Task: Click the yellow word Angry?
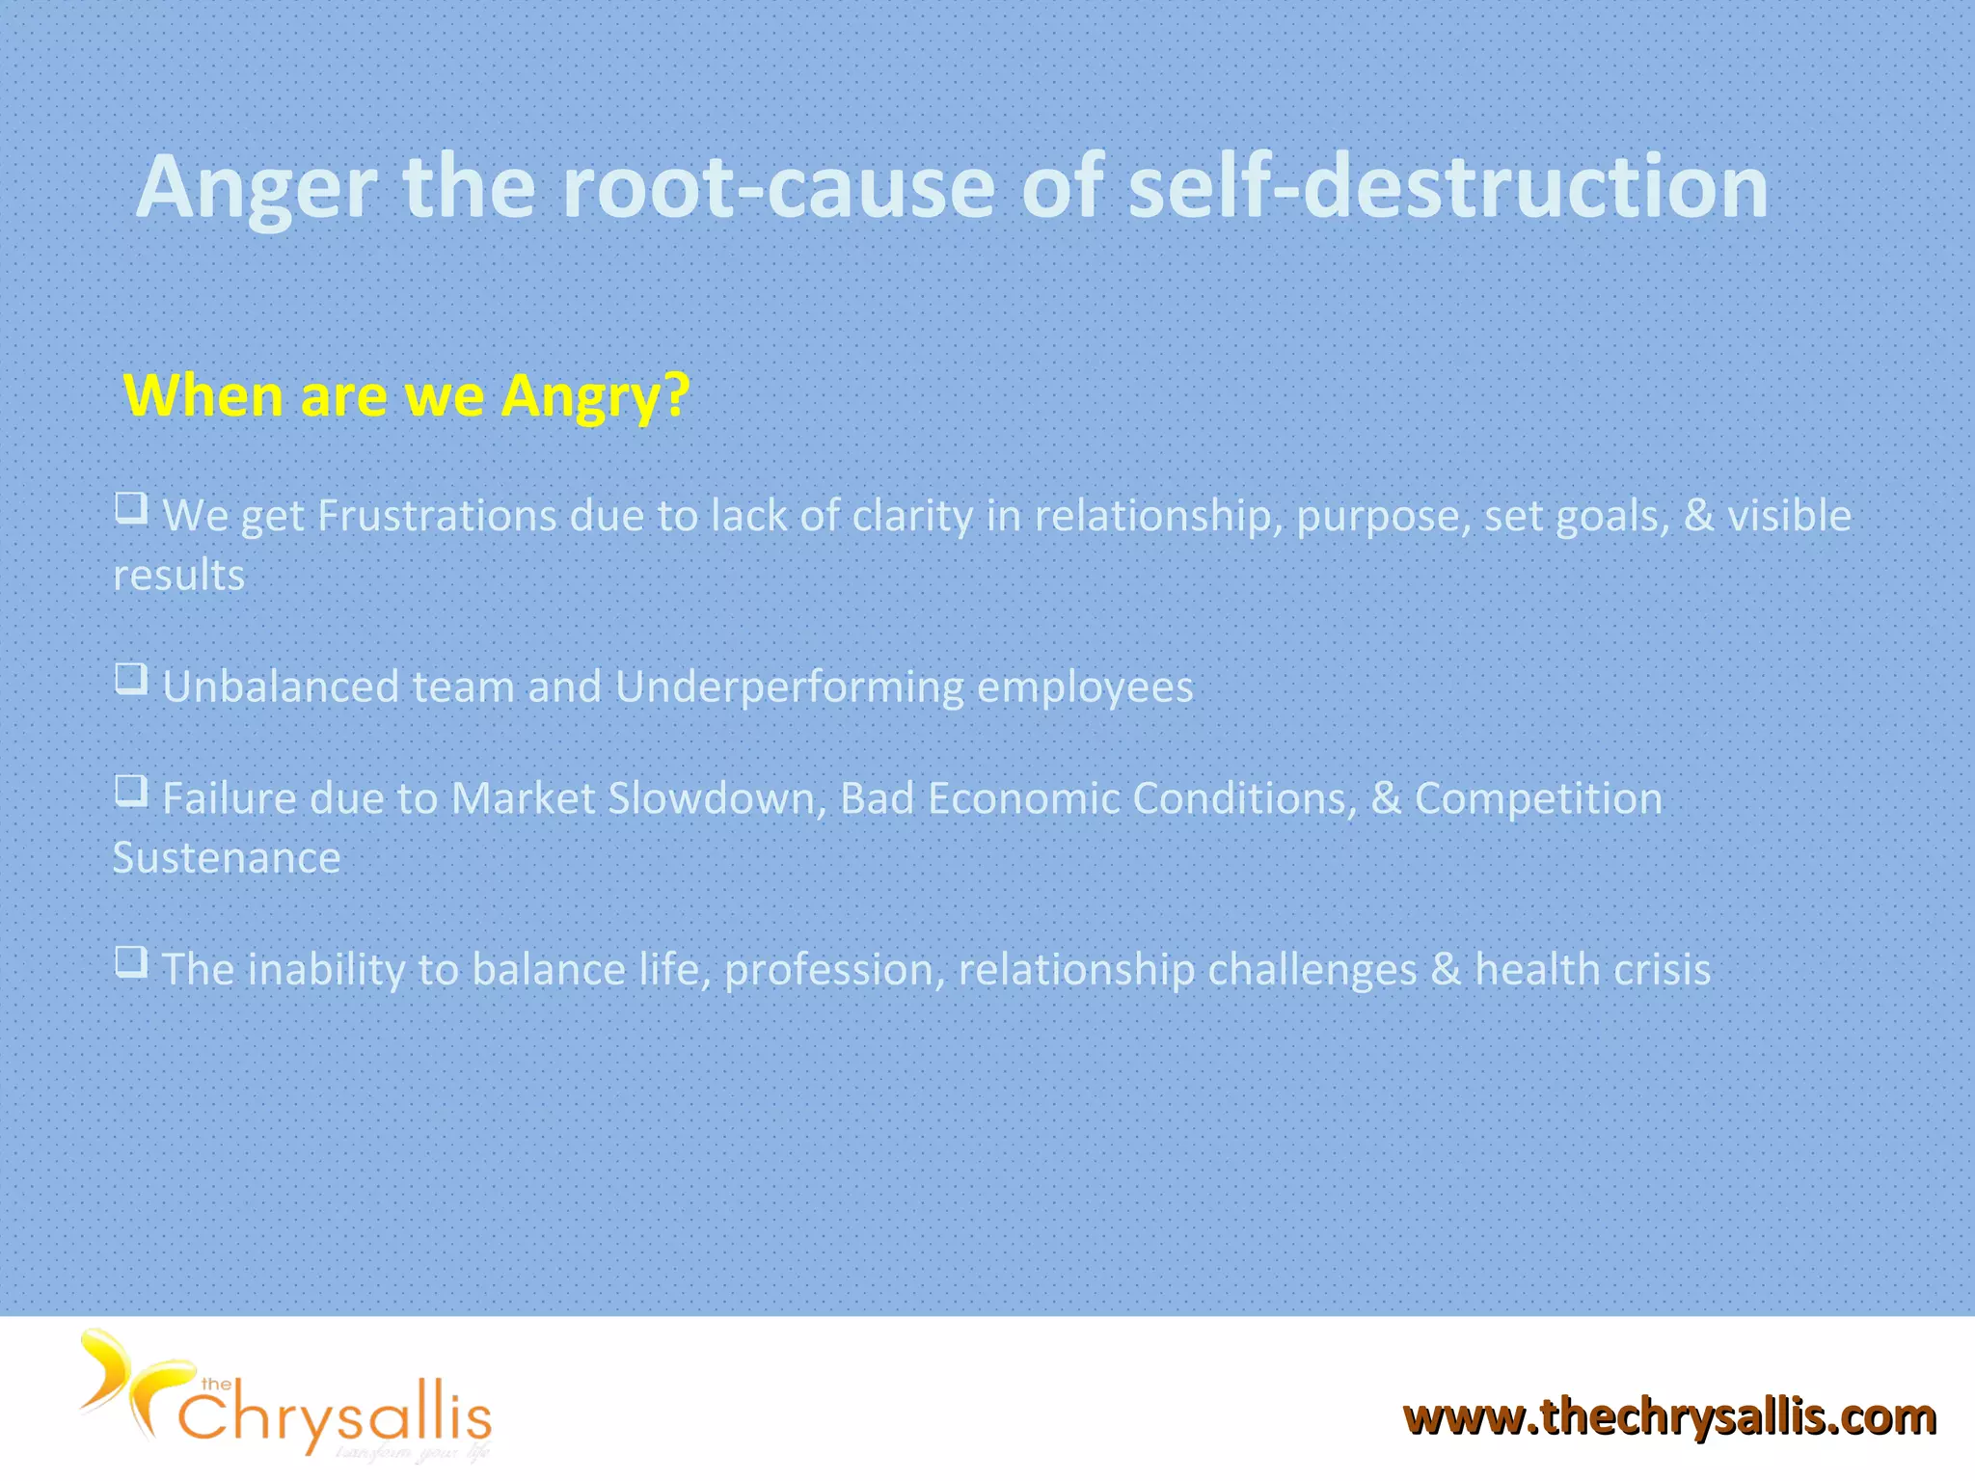pos(595,396)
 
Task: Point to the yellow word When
pos(203,394)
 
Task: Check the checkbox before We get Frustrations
pos(132,507)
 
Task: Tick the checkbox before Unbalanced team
pos(132,678)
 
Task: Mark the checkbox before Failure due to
pos(132,791)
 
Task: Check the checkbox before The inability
pos(132,961)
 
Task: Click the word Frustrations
pos(437,516)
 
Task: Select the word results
pos(179,576)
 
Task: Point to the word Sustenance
pos(227,858)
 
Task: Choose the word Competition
pos(1538,799)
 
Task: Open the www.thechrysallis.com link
pos(1669,1417)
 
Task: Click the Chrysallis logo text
pos(334,1417)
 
